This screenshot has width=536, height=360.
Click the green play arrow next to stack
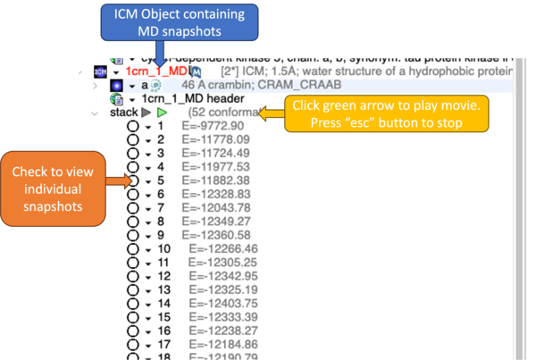pyautogui.click(x=163, y=113)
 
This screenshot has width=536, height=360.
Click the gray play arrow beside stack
pyautogui.click(x=147, y=113)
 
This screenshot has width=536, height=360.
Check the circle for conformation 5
pyautogui.click(x=133, y=180)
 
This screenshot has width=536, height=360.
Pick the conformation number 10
pyautogui.click(x=163, y=248)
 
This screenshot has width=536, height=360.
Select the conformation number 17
pyautogui.click(x=163, y=344)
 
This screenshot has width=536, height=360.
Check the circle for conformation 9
pyautogui.click(x=133, y=234)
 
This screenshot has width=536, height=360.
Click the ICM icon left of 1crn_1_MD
pyautogui.click(x=100, y=71)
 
